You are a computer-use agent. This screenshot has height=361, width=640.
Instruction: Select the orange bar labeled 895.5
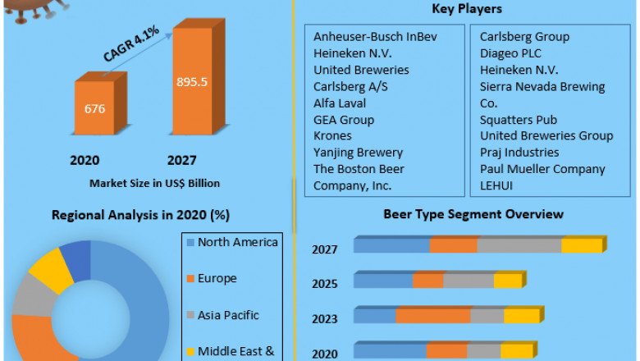[x=194, y=82]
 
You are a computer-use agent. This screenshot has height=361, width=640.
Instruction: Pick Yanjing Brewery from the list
[x=358, y=152]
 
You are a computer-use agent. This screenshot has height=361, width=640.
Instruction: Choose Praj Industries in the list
[x=519, y=152]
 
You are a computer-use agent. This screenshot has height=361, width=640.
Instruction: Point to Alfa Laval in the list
[x=340, y=103]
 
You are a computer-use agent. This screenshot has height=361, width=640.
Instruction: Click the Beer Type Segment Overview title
[x=473, y=214]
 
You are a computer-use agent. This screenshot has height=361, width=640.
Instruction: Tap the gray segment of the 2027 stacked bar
[x=519, y=245]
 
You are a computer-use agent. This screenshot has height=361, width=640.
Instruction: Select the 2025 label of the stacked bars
[x=324, y=284]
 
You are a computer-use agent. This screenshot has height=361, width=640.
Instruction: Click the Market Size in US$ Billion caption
[x=154, y=183]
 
